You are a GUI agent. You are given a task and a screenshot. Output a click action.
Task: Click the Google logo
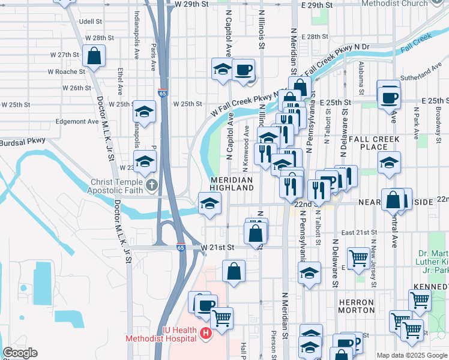pyautogui.click(x=20, y=353)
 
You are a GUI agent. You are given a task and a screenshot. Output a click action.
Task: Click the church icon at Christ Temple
pyautogui.click(x=151, y=185)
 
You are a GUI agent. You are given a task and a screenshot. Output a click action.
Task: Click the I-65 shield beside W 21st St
pyautogui.click(x=181, y=247)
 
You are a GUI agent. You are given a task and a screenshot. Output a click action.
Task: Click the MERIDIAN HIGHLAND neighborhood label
pyautogui.click(x=232, y=184)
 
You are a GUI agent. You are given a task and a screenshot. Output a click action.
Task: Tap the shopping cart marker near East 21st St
pyautogui.click(x=359, y=259)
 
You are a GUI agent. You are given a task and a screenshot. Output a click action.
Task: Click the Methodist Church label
pyautogui.click(x=395, y=4)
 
